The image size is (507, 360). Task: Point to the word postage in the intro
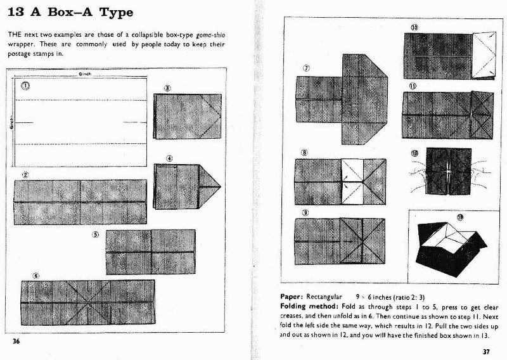(x=22, y=53)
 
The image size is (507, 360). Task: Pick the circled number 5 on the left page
(x=96, y=233)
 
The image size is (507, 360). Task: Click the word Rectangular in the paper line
(x=324, y=296)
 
